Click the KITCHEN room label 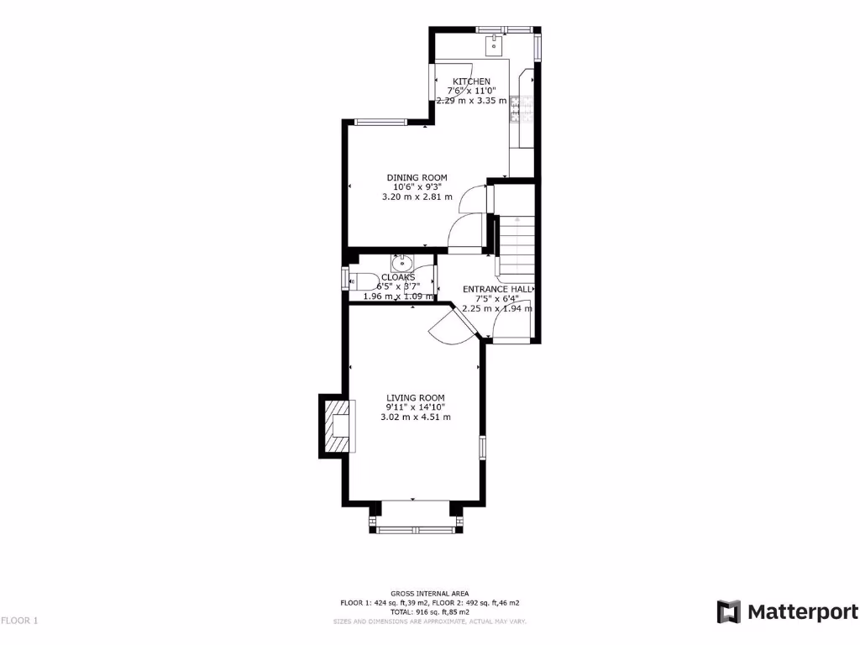point(471,81)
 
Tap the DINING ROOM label point(417,177)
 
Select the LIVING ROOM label point(415,398)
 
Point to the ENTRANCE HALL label point(496,289)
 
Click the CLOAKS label point(397,277)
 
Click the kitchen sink point(494,40)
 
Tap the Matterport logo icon point(728,611)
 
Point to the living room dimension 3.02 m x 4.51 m point(415,417)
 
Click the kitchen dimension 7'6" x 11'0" point(471,91)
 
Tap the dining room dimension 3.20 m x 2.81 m point(417,197)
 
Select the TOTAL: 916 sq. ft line point(429,612)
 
